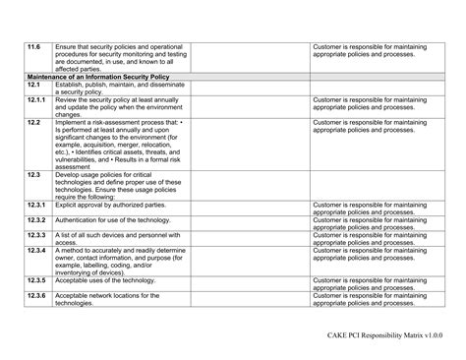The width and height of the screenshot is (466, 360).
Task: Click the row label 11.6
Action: pyautogui.click(x=34, y=46)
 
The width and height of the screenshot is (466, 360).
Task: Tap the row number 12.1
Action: pyautogui.click(x=33, y=85)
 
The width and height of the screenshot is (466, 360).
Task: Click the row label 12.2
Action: pyautogui.click(x=33, y=122)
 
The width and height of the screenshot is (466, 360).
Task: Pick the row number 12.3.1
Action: pyautogui.click(x=37, y=205)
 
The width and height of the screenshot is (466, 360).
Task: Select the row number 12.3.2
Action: pyautogui.click(x=37, y=220)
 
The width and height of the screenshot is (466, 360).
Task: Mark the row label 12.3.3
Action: pyautogui.click(x=37, y=235)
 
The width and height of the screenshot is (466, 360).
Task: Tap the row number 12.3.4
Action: pyautogui.click(x=37, y=250)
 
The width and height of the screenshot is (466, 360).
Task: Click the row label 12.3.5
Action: pyautogui.click(x=37, y=280)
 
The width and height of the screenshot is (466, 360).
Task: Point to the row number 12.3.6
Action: pyautogui.click(x=37, y=295)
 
